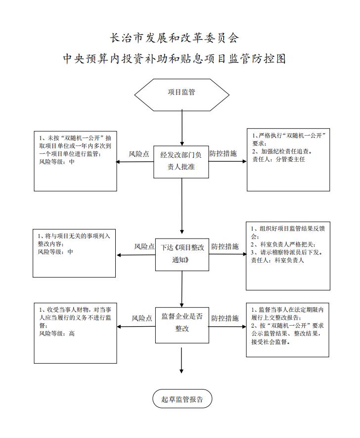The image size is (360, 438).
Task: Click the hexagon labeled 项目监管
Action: pyautogui.click(x=181, y=95)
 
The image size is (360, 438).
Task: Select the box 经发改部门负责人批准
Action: pyautogui.click(x=181, y=162)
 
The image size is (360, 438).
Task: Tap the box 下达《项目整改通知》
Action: pyautogui.click(x=182, y=254)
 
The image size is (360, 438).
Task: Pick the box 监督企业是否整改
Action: pyautogui.click(x=182, y=325)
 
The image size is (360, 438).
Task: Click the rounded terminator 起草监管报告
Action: pyautogui.click(x=182, y=398)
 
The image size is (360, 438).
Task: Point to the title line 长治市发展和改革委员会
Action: pyautogui.click(x=174, y=38)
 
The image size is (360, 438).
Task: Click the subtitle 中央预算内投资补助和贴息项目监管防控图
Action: pyautogui.click(x=175, y=59)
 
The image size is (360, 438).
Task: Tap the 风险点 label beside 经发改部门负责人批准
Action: pyautogui.click(x=138, y=154)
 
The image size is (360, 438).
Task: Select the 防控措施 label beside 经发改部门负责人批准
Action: pyautogui.click(x=223, y=153)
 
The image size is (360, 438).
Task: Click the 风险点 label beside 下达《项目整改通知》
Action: pyautogui.click(x=144, y=246)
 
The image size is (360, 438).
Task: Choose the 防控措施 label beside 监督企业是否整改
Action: pyautogui.click(x=225, y=318)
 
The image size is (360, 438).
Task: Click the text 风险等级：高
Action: pyautogui.click(x=57, y=334)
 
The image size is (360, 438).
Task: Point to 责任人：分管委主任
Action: pyautogui.click(x=278, y=159)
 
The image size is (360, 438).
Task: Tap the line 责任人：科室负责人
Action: pyautogui.click(x=277, y=260)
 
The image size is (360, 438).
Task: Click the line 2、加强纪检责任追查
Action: pyautogui.click(x=282, y=151)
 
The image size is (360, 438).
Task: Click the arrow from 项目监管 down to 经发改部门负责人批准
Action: pyautogui.click(x=182, y=127)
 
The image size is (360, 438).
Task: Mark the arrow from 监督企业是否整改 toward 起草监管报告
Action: pyautogui.click(x=181, y=360)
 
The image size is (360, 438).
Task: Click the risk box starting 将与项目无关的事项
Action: pyautogui.click(x=74, y=253)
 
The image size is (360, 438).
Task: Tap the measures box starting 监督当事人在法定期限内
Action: pyautogui.click(x=288, y=330)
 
